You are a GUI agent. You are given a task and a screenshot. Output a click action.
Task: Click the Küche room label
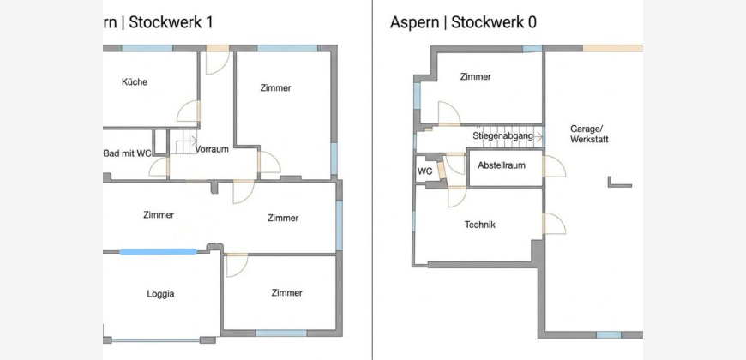tap(135, 81)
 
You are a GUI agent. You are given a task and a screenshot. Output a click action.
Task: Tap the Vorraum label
tap(212, 149)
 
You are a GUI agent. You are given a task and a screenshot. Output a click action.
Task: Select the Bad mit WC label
tap(128, 153)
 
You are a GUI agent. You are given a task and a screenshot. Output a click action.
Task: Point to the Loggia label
tap(160, 294)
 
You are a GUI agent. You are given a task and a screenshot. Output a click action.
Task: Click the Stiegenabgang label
tap(502, 135)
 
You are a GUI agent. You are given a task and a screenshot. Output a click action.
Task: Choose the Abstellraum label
tap(502, 165)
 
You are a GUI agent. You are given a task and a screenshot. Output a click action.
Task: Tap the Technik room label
tap(480, 225)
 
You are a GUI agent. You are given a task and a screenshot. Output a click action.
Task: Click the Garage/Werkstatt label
tap(589, 134)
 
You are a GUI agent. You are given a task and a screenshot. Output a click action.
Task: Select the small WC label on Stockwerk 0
tap(424, 171)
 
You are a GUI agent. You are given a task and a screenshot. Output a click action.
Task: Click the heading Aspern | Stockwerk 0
tap(463, 22)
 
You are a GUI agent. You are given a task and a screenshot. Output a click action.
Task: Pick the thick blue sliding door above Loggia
tap(158, 252)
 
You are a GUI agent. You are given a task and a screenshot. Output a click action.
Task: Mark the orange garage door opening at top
tap(613, 48)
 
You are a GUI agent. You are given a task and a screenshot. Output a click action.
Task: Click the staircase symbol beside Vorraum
tap(183, 141)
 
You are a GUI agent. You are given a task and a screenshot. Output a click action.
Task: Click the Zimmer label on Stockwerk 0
tap(475, 76)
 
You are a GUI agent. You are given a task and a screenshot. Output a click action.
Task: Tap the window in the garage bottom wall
tap(609, 335)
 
